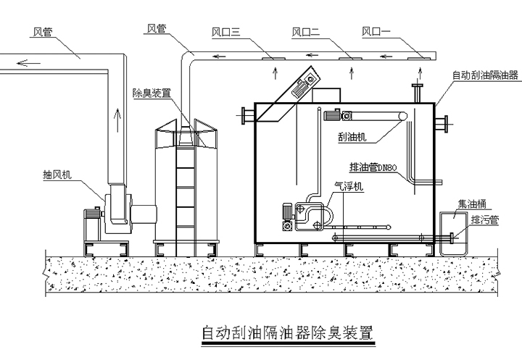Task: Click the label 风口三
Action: [x=225, y=32]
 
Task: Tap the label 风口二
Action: [x=305, y=32]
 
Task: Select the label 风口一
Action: [x=376, y=32]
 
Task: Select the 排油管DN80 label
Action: [x=373, y=168]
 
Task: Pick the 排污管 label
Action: [x=484, y=219]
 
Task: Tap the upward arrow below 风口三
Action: [x=274, y=70]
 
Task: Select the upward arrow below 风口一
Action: [x=421, y=70]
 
